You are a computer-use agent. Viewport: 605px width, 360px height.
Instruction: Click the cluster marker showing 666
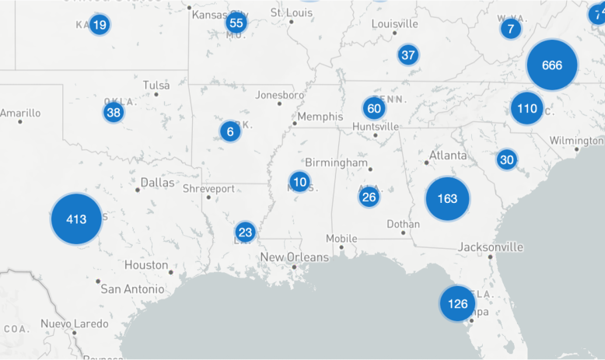[552, 65]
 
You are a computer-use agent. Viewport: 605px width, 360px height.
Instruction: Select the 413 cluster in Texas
[76, 219]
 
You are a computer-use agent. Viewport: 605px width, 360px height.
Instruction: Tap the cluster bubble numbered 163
[447, 198]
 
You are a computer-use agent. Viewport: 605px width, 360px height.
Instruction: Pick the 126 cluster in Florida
[457, 303]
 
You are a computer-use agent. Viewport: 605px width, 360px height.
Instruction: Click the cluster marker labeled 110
[527, 108]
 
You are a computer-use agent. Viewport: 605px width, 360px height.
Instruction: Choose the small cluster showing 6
[230, 131]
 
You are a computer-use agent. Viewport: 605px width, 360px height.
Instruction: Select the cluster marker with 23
[246, 232]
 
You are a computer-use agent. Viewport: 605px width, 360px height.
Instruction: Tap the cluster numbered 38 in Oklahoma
[114, 113]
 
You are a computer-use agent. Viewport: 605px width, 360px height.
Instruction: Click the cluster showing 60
[374, 108]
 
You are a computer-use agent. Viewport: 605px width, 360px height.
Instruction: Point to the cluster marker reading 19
[99, 25]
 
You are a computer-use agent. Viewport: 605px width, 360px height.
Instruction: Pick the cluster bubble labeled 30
[507, 160]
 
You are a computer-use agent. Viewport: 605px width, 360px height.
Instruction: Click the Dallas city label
[158, 183]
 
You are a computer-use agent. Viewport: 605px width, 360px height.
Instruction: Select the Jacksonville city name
[490, 247]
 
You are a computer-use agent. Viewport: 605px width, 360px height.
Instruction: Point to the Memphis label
[320, 117]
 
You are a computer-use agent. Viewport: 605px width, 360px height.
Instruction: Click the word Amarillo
[20, 113]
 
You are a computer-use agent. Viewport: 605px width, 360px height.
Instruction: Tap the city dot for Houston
[171, 272]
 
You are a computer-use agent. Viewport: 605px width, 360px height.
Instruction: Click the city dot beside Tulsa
[156, 94]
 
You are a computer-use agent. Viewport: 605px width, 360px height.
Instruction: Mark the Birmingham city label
[336, 163]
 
